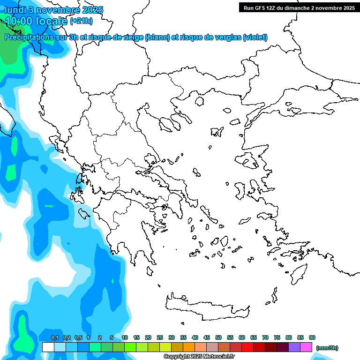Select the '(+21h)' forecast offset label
81,21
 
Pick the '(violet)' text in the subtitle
255,37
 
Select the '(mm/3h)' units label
327,348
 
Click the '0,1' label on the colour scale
55,338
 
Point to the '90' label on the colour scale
312,338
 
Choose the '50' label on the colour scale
218,338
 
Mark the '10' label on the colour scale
125,338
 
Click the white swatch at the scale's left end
48,347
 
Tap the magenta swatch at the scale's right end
307,347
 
